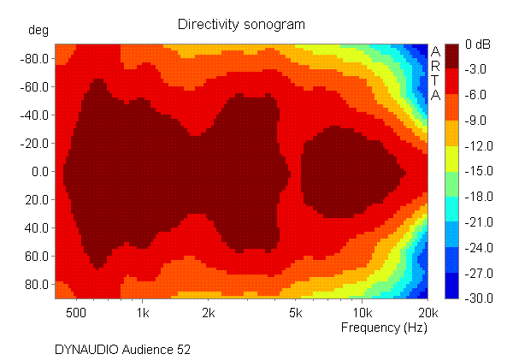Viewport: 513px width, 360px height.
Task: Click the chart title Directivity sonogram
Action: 240,24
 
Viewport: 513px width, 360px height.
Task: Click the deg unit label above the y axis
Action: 39,31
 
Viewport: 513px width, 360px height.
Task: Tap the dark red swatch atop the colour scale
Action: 452,56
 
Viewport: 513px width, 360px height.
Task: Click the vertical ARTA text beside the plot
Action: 434,73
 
